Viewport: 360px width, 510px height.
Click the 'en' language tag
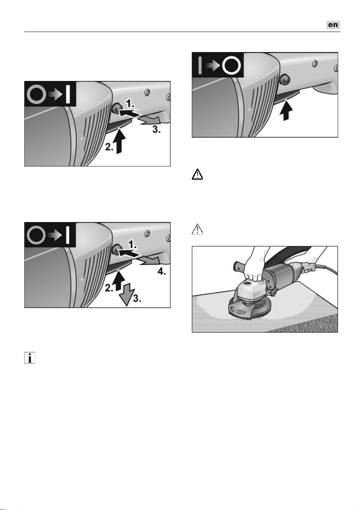click(333, 25)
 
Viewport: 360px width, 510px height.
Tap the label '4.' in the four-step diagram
click(161, 271)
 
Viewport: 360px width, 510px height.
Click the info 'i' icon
click(30, 358)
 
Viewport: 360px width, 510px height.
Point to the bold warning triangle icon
click(197, 174)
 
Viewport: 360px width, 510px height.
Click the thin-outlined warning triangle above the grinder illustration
click(197, 229)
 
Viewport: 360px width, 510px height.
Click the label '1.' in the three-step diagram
click(130, 104)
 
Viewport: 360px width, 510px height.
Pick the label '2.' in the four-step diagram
click(109, 288)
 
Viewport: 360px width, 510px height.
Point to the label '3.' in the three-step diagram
click(156, 130)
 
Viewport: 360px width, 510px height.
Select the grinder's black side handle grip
click(241, 266)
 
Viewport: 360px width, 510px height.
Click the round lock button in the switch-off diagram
click(285, 79)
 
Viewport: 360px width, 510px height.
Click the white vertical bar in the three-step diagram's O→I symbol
click(68, 94)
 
